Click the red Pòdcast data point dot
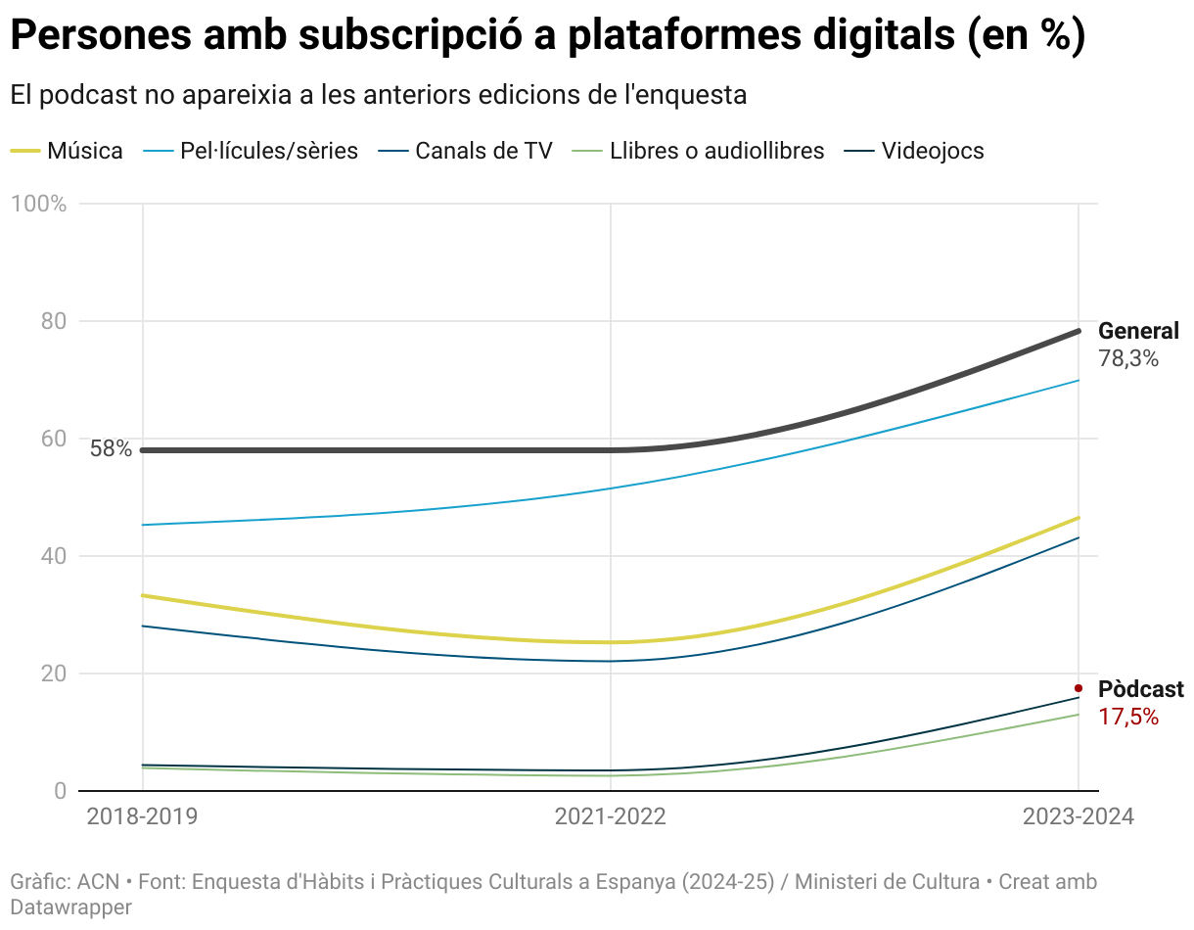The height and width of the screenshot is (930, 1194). click(1079, 688)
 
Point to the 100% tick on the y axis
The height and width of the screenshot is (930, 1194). click(38, 204)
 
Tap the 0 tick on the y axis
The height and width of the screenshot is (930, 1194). click(60, 791)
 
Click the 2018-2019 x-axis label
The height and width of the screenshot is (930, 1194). click(142, 817)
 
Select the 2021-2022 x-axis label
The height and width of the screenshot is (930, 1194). click(610, 817)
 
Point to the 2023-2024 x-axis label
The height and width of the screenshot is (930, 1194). click(1078, 817)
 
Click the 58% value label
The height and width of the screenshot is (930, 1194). click(111, 449)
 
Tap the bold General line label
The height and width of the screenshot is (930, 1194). click(1138, 331)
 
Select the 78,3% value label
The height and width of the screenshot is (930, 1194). click(1128, 359)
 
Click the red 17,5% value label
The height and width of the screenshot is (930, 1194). click(1128, 718)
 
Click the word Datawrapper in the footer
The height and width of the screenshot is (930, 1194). click(70, 907)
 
